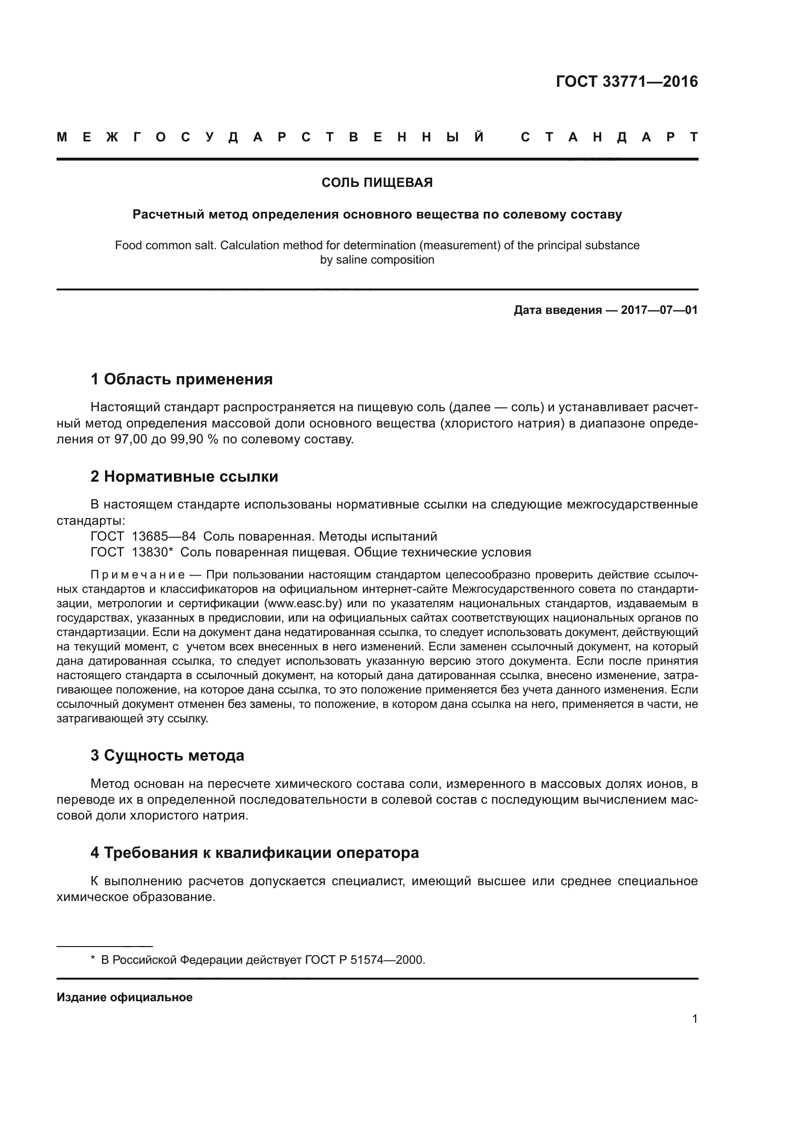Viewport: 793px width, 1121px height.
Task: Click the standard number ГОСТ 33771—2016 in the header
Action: coord(627,81)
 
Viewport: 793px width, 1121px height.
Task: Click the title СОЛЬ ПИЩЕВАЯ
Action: coord(377,183)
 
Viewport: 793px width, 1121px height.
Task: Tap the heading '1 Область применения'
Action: coord(181,379)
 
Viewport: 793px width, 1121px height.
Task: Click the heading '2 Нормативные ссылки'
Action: coord(184,476)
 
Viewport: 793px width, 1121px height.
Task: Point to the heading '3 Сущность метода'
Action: coord(167,755)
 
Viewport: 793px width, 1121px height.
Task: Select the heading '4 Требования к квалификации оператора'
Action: coord(255,853)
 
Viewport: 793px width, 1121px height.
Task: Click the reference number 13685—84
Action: coord(163,537)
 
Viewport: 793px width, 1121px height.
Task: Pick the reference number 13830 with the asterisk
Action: coord(152,552)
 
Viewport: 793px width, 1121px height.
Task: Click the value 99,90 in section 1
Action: coord(186,439)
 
